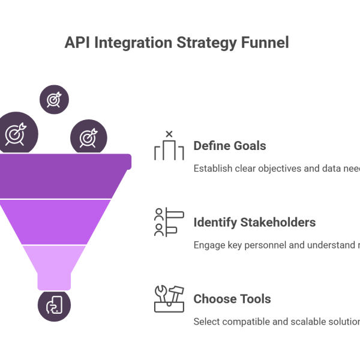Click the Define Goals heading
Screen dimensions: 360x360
230,146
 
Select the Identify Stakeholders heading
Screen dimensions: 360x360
254,223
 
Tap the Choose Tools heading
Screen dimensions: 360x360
232,299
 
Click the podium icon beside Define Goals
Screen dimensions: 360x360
169,147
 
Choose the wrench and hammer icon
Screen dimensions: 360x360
169,299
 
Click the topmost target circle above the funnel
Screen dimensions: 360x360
53,99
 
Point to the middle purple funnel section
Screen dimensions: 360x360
60,221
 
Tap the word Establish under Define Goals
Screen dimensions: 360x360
211,169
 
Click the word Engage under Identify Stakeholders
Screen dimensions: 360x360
208,245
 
